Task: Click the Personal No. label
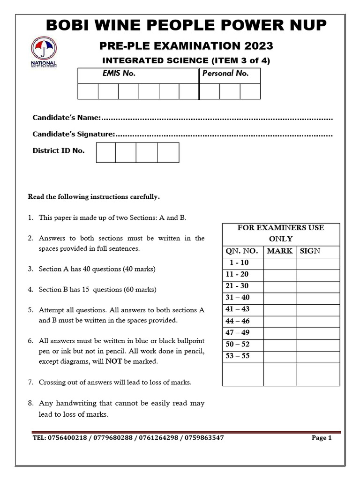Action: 225,74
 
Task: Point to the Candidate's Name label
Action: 66,117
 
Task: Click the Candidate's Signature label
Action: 73,134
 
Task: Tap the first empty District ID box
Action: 105,152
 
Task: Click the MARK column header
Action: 280,251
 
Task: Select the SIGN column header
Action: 310,251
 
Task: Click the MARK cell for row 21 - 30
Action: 280,286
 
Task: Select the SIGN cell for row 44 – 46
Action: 318,322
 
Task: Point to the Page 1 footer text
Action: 322,438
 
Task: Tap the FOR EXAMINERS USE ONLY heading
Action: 280,233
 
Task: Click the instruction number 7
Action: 30,382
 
